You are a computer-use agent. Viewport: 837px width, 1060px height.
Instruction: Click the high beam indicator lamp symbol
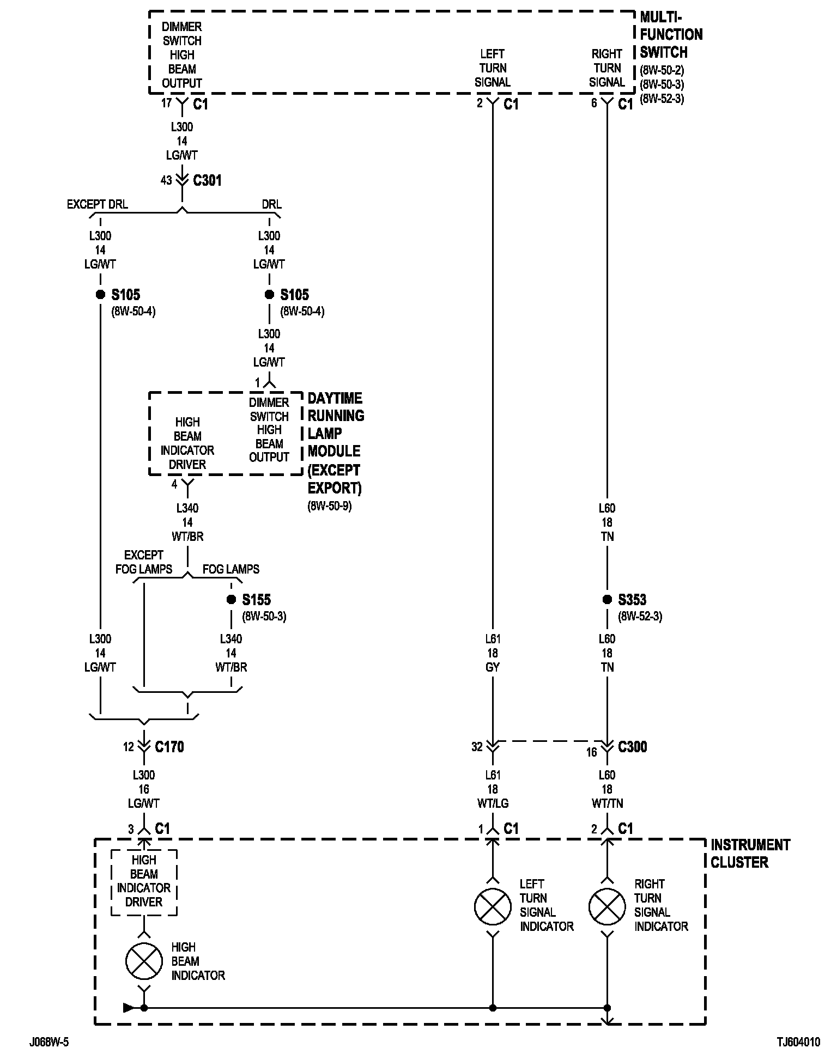pos(144,961)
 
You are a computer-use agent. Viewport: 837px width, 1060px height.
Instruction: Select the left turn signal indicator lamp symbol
pos(493,907)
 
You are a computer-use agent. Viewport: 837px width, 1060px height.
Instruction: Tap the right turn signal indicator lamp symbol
pos(607,907)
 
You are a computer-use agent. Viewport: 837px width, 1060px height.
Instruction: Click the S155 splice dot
pos(231,600)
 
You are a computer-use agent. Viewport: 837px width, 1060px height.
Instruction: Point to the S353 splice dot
pos(607,600)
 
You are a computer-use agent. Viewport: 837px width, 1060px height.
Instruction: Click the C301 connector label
pos(208,180)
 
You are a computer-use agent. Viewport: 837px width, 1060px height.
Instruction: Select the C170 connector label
pos(169,747)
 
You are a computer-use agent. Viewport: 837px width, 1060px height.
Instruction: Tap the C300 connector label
pos(633,747)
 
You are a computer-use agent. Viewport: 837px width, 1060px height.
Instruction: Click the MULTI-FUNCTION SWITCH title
pos(670,35)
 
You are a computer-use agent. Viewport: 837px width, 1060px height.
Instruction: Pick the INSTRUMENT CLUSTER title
pos(750,854)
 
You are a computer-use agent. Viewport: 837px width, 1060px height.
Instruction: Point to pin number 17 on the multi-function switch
pos(167,103)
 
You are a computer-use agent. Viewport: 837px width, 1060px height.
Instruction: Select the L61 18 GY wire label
pos(493,653)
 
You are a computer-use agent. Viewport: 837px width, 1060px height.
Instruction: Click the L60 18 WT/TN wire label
pos(607,789)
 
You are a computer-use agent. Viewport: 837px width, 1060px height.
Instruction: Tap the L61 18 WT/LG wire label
pos(493,789)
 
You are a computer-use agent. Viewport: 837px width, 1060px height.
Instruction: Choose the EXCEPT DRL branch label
pos(97,204)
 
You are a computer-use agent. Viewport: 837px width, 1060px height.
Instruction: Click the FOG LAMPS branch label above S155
pos(231,569)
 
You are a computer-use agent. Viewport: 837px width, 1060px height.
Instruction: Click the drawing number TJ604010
pos(798,1043)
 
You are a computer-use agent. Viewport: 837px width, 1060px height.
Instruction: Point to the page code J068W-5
pos(49,1043)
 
